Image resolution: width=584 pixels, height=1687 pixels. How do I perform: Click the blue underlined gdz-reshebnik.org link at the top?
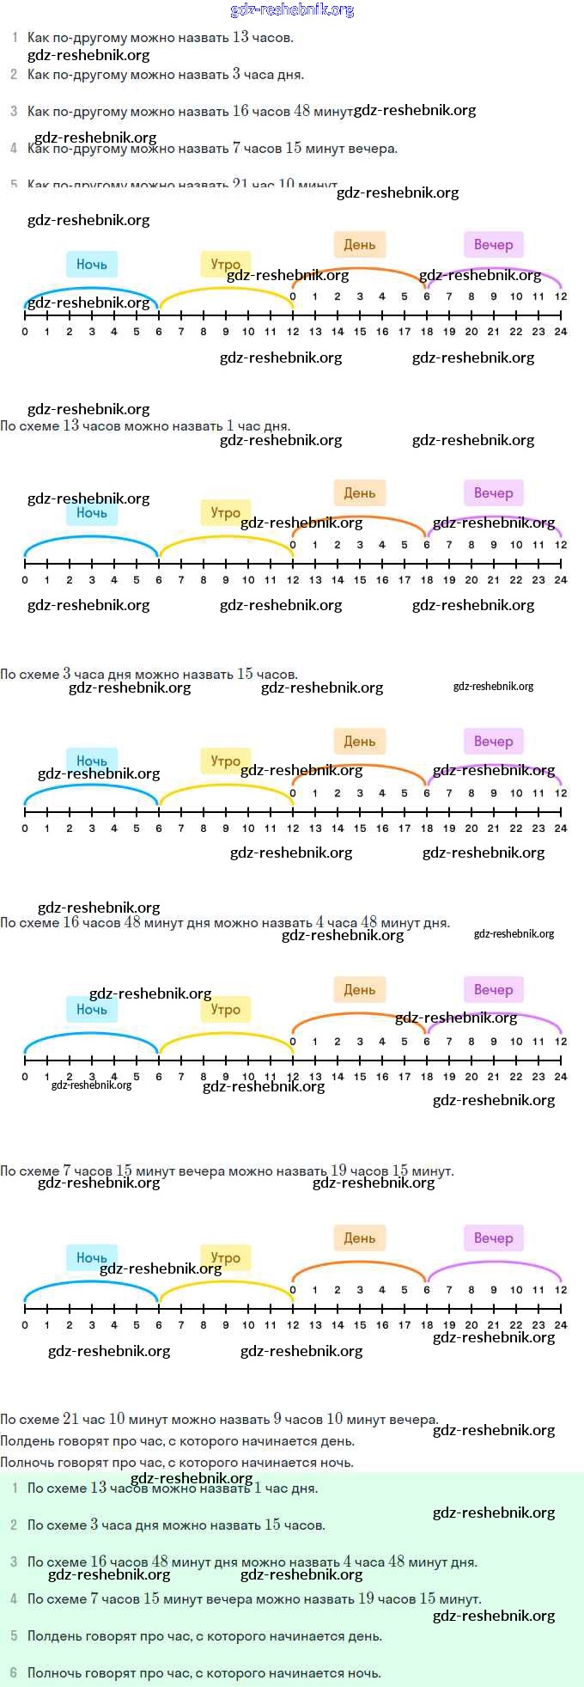click(x=292, y=10)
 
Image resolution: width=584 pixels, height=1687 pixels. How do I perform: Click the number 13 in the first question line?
click(x=240, y=37)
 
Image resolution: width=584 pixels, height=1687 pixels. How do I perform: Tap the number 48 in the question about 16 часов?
click(x=301, y=111)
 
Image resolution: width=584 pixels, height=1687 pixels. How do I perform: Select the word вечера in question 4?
click(x=373, y=149)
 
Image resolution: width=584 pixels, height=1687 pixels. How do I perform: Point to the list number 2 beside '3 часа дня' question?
click(x=14, y=75)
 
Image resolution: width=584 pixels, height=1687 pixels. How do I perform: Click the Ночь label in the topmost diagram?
click(x=92, y=265)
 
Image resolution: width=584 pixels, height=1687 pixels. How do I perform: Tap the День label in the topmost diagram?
click(x=360, y=245)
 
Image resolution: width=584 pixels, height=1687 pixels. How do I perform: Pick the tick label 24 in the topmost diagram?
click(x=561, y=332)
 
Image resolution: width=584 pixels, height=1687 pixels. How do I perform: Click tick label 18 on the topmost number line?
click(x=427, y=332)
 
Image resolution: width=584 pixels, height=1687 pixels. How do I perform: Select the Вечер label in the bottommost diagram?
click(x=493, y=1238)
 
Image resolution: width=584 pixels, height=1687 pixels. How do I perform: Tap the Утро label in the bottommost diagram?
click(x=226, y=1258)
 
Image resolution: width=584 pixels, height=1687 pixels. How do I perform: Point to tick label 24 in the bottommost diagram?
click(x=561, y=1325)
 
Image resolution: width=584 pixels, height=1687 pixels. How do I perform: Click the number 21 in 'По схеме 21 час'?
click(x=70, y=1419)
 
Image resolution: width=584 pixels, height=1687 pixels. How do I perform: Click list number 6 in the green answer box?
click(x=14, y=1672)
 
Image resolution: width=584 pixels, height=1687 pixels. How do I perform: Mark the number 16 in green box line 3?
click(x=99, y=1562)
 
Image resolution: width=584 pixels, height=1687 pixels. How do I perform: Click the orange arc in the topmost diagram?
click(x=360, y=269)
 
